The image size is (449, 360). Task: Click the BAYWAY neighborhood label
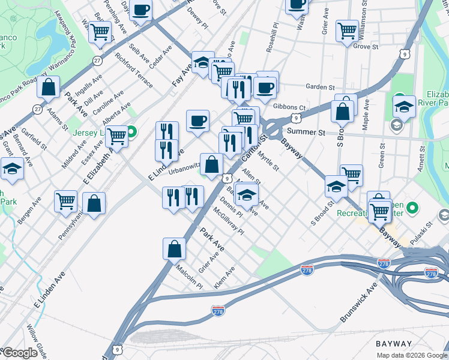(x=394, y=344)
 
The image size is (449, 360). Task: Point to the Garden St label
(x=319, y=87)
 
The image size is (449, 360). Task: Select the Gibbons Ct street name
(x=289, y=107)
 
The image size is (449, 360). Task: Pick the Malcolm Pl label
(x=189, y=278)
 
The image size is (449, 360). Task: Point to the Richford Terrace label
(x=134, y=70)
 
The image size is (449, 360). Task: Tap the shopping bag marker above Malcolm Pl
(x=174, y=248)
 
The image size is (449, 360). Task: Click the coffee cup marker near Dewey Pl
(x=141, y=10)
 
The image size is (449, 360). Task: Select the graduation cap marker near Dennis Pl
(x=246, y=194)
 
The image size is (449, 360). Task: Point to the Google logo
(x=20, y=353)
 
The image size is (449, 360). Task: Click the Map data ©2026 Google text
(x=411, y=355)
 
